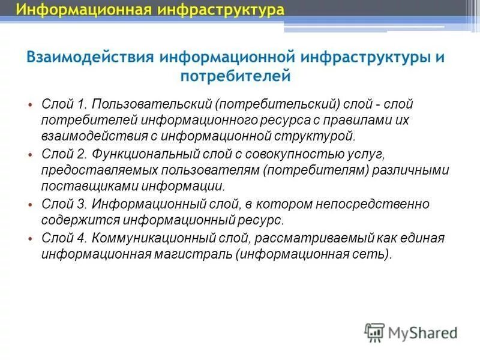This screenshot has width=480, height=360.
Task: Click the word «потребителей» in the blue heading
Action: pyautogui.click(x=235, y=76)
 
